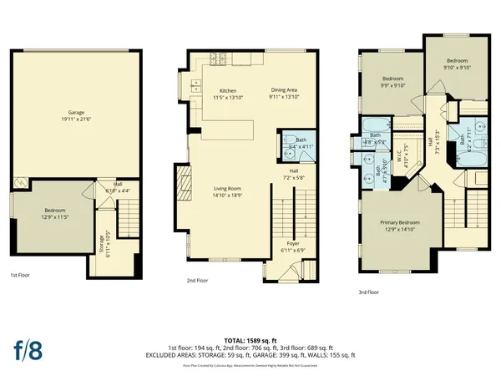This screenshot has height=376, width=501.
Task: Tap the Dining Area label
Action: click(x=285, y=90)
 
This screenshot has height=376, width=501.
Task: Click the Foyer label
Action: click(x=286, y=245)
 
